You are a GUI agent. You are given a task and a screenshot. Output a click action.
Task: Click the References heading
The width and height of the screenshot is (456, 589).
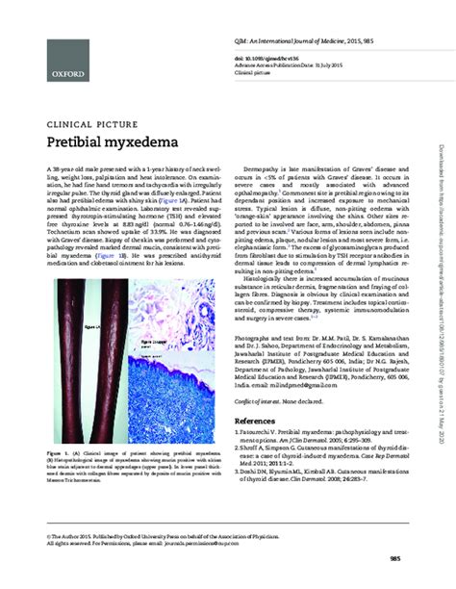tap(262, 421)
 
